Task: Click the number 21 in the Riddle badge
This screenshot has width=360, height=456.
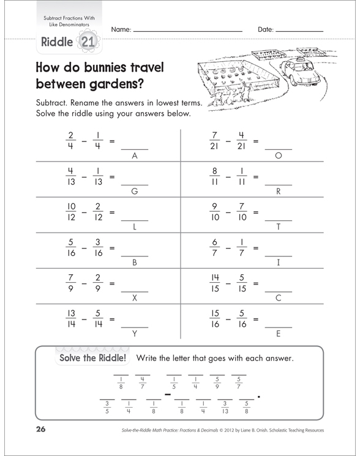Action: [x=86, y=43]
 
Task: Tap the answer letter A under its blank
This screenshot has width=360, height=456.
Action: [x=134, y=156]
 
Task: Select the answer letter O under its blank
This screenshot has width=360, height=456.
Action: [x=278, y=156]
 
